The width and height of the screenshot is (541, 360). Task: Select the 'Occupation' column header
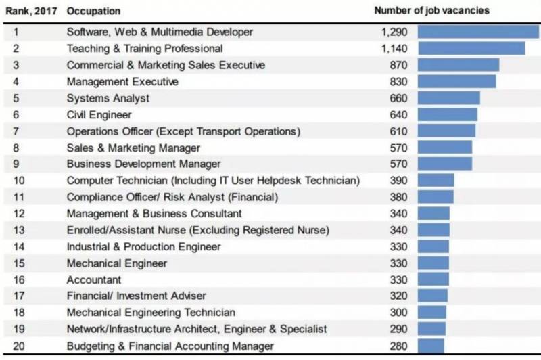click(93, 12)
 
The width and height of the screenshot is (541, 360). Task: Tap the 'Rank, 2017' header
click(30, 12)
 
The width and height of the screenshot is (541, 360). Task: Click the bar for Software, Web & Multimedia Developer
click(478, 32)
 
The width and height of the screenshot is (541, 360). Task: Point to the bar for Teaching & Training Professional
click(471, 49)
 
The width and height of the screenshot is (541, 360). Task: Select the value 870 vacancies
click(398, 65)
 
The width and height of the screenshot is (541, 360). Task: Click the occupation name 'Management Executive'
click(122, 82)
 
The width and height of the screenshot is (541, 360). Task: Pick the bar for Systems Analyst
click(449, 98)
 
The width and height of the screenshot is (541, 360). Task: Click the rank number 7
click(16, 131)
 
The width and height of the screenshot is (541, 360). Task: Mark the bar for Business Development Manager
click(445, 164)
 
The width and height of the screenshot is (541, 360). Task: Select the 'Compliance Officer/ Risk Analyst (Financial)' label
click(172, 198)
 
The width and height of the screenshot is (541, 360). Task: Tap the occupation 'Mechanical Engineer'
click(116, 263)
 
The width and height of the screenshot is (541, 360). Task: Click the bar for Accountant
click(433, 279)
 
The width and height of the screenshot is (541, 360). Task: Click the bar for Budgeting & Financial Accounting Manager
click(431, 346)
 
